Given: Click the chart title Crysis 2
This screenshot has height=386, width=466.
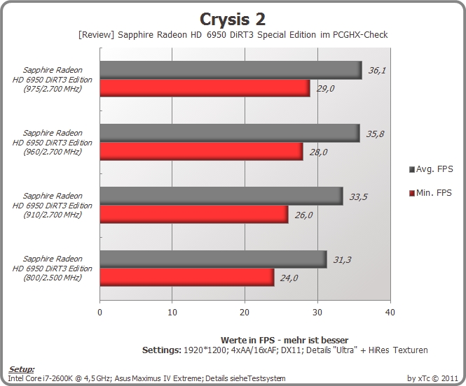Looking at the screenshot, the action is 233,20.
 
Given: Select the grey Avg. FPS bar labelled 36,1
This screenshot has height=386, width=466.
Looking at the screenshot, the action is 231,70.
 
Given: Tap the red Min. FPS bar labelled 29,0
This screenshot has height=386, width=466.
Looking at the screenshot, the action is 205,88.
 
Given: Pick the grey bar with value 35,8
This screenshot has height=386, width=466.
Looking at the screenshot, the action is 230,133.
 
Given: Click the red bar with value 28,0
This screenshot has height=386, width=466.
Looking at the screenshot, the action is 202,152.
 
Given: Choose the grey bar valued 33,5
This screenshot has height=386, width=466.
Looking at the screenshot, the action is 221,196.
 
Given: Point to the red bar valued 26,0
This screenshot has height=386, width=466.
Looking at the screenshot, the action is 194,215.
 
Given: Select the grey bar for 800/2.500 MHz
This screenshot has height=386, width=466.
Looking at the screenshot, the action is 214,259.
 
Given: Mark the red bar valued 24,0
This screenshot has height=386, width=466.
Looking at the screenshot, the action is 187,278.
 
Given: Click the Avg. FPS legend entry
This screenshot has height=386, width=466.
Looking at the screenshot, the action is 431,169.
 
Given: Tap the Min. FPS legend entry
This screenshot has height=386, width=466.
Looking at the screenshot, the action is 430,193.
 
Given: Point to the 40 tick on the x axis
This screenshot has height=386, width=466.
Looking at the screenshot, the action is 390,312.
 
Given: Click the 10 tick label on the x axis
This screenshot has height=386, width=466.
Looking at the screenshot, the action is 172,312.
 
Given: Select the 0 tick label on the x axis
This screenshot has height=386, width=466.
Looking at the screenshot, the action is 100,312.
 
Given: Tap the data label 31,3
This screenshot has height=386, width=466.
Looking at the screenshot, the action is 342,260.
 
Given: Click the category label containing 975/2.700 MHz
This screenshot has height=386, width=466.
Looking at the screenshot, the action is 53,80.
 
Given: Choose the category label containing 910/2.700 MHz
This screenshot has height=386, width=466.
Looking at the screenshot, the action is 53,205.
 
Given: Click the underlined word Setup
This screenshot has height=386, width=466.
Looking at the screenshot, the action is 22,369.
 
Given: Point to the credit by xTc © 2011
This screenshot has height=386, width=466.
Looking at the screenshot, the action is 432,378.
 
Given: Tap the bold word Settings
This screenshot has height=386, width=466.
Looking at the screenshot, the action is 161,350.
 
